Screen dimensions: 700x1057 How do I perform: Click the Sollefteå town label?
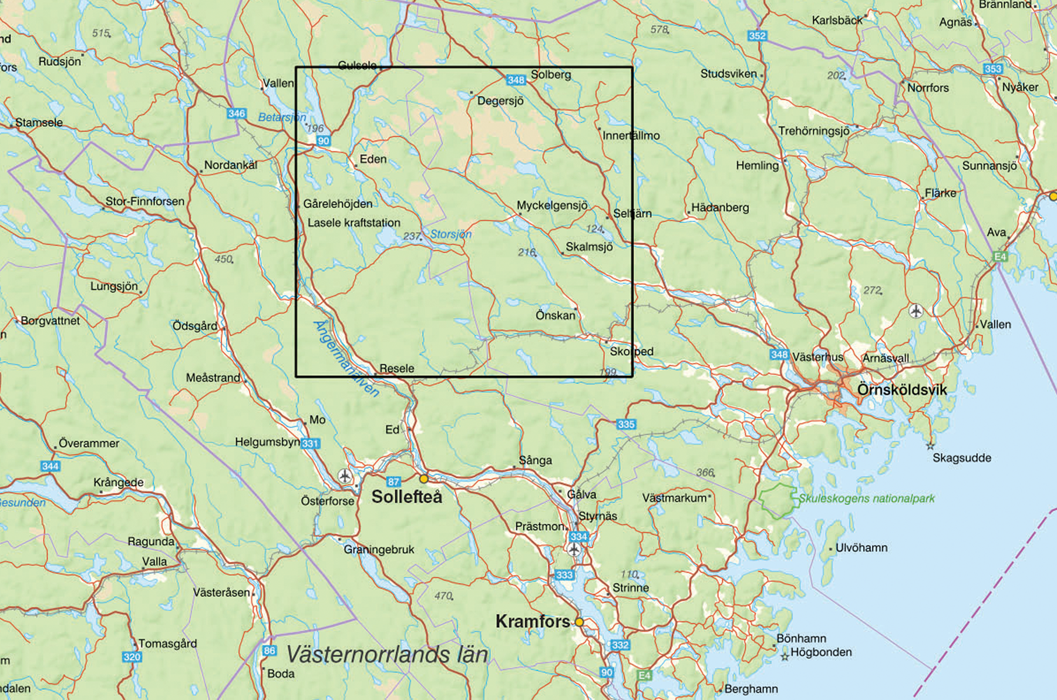coord(406,497)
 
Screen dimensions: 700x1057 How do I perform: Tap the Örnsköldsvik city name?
coord(902,390)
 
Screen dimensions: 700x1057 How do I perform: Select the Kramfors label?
coord(533,621)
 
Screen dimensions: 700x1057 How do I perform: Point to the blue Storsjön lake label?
coord(450,234)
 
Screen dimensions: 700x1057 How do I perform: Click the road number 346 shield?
coord(236,113)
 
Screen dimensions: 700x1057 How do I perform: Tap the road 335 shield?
coord(626,424)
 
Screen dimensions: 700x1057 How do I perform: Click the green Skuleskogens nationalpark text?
coord(866,499)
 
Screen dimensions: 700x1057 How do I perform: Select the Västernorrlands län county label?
coord(387,654)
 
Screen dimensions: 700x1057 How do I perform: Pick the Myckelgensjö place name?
coord(551,206)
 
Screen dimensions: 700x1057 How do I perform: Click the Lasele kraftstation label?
coord(354,223)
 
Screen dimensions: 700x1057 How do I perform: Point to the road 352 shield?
coord(757,36)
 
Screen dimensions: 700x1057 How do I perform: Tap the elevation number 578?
coord(659,29)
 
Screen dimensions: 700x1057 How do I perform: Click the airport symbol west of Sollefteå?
coord(345,476)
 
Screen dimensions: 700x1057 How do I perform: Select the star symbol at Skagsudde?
coord(930,446)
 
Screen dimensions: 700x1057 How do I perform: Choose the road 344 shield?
coord(50,466)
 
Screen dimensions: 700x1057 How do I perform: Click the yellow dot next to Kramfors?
coord(579,622)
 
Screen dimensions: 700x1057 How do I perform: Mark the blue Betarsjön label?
coord(282,117)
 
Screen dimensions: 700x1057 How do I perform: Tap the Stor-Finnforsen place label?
coord(144,201)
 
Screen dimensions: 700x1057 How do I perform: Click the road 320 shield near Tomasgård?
coord(132,657)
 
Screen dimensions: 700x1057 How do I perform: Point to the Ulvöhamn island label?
coord(861,548)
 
